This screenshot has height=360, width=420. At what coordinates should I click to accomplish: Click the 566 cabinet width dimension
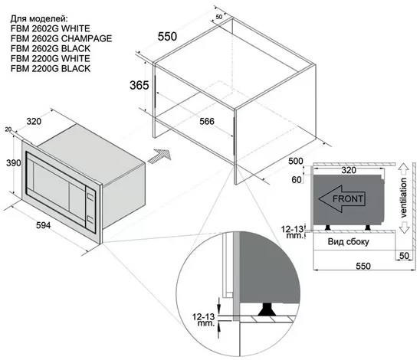pyautogui.click(x=207, y=121)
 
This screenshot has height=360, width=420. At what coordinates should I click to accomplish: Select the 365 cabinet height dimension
pyautogui.click(x=139, y=85)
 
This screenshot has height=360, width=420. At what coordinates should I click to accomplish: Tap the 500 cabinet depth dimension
pyautogui.click(x=295, y=161)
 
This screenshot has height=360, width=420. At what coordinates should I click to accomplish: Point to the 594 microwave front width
pyautogui.click(x=43, y=225)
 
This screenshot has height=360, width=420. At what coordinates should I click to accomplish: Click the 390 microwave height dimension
pyautogui.click(x=13, y=162)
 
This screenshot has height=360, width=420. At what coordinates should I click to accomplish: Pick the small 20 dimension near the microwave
pyautogui.click(x=8, y=129)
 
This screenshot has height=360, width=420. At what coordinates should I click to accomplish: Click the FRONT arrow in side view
pyautogui.click(x=342, y=199)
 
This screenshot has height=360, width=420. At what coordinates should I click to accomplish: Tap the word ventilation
pyautogui.click(x=403, y=198)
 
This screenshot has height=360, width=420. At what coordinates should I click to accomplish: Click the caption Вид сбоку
pyautogui.click(x=348, y=242)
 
